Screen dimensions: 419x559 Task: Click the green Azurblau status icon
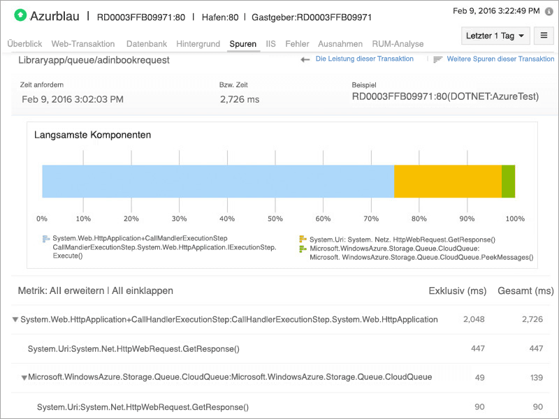20,15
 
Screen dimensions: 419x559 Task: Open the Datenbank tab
146,44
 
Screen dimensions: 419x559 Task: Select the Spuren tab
242,44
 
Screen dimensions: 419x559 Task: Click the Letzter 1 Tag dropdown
494,36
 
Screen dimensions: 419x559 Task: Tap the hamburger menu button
544,36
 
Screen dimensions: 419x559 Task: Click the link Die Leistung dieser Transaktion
364,59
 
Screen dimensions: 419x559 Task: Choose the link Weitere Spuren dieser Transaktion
500,59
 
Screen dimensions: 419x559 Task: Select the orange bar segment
448,182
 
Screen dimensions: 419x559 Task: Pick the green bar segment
509,182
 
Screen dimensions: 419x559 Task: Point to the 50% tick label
276,219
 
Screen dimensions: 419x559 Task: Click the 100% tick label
514,219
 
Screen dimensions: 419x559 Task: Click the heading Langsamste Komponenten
92,135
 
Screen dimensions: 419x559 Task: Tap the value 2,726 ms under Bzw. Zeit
239,100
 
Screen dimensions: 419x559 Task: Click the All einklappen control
143,291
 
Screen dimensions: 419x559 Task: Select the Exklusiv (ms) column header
457,291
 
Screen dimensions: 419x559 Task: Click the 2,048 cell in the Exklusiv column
474,319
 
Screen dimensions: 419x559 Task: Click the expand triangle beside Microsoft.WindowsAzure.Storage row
24,378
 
